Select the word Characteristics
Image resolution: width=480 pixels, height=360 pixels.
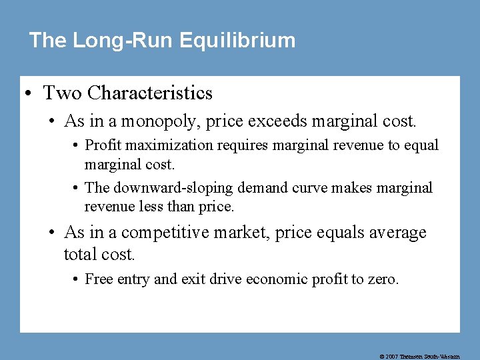[150, 93]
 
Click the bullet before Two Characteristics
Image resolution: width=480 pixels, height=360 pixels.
[31, 93]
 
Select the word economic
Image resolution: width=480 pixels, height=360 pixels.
[277, 279]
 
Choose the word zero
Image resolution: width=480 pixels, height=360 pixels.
[383, 279]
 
